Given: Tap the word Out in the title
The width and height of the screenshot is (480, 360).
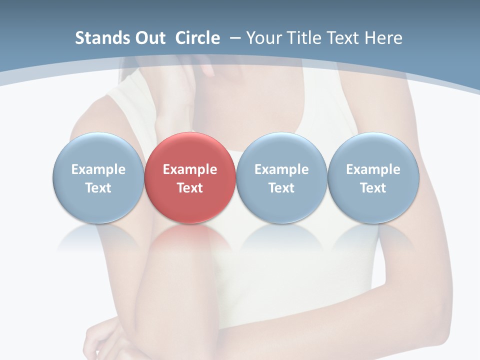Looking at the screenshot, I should (149, 38).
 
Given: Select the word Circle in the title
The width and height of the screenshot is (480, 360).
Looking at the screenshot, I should (197, 38).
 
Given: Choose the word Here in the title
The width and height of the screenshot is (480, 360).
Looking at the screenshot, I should (382, 38).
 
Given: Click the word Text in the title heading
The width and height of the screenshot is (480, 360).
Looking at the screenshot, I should (342, 38).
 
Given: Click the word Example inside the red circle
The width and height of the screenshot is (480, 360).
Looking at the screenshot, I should (190, 169).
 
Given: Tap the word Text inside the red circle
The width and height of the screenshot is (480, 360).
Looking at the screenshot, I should (190, 188).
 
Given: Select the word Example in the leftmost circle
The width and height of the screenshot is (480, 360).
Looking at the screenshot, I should (98, 169).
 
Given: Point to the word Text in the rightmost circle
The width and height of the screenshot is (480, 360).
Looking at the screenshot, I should (373, 188).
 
